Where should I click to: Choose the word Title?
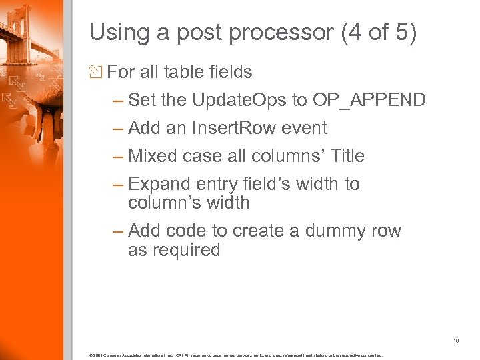343,156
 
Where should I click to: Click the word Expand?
157,184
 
